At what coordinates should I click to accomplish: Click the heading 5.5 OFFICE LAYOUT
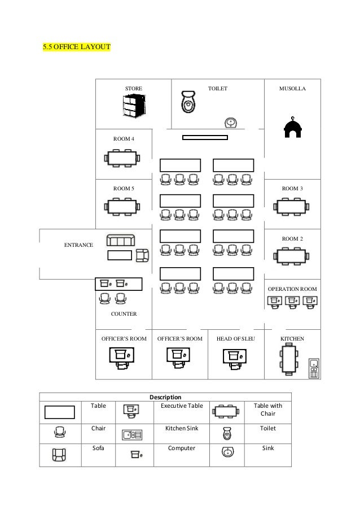pos(76,46)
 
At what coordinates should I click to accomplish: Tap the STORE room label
pos(134,89)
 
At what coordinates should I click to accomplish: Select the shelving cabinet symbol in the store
pos(134,107)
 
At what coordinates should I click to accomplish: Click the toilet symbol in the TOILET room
pos(188,102)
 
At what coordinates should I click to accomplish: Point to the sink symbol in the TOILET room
pos(230,123)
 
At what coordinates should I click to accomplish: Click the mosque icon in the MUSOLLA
pos(292,128)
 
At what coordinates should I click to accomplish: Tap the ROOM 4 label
pos(124,138)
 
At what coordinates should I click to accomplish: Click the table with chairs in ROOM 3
pos(292,207)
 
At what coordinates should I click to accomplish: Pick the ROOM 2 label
pos(292,239)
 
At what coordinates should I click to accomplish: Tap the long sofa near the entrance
pos(121,241)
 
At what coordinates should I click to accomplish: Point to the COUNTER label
pos(124,313)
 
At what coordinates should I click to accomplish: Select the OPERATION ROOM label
pos(292,289)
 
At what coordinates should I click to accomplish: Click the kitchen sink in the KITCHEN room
pos(314,367)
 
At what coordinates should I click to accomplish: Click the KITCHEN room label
pos(292,339)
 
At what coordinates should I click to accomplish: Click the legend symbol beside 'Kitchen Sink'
pos(132,434)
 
